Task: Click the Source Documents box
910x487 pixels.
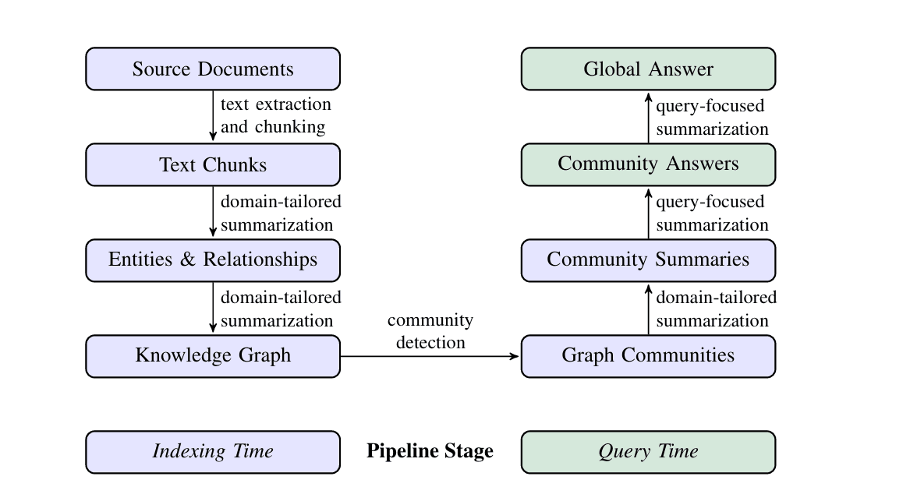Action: click(213, 69)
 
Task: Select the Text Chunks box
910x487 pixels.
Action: click(213, 164)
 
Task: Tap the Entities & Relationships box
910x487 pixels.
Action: click(213, 259)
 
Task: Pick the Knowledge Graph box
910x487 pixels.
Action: click(213, 355)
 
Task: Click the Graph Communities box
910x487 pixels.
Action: click(648, 355)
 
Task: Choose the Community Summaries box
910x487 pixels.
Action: click(648, 259)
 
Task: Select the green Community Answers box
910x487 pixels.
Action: click(648, 164)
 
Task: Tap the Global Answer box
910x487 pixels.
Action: click(648, 69)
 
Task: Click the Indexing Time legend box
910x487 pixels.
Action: click(213, 451)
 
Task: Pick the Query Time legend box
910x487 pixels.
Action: click(648, 451)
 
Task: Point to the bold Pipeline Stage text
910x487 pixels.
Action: click(430, 451)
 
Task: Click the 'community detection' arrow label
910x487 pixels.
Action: click(430, 331)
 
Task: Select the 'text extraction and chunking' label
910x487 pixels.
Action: click(275, 115)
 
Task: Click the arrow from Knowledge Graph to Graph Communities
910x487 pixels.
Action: click(430, 356)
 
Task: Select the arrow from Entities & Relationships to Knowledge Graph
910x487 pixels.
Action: click(213, 307)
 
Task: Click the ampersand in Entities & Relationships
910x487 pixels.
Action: click(187, 259)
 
